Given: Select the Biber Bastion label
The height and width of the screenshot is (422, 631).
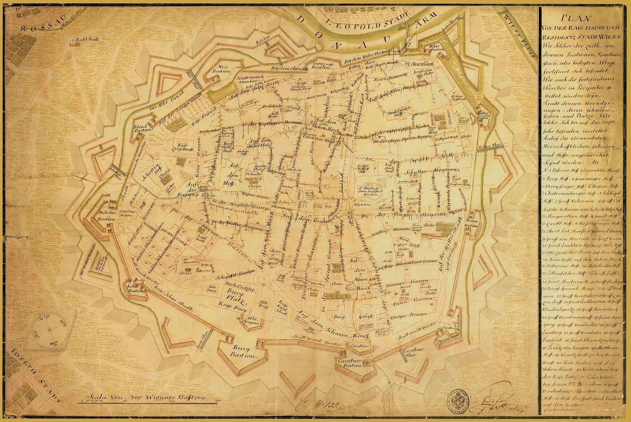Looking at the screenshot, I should [x=436, y=48].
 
